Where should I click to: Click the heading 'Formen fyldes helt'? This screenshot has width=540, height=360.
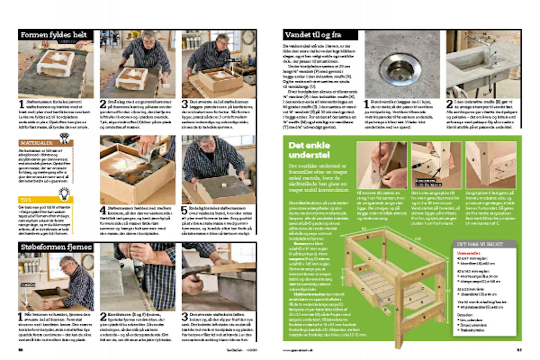[54, 35]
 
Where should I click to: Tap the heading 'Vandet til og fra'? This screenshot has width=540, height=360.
[313, 35]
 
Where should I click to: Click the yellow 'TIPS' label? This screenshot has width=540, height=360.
[26, 199]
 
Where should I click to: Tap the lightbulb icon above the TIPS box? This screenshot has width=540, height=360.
[64, 193]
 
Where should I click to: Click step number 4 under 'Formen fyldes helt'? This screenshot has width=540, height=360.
[103, 211]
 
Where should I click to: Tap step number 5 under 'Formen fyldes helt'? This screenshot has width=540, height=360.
[185, 211]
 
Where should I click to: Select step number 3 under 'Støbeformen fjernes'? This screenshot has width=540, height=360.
[185, 317]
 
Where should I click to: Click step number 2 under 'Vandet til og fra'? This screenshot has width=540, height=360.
[449, 104]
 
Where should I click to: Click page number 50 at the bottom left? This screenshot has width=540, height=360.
[21, 350]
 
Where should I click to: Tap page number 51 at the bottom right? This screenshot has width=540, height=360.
[519, 350]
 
